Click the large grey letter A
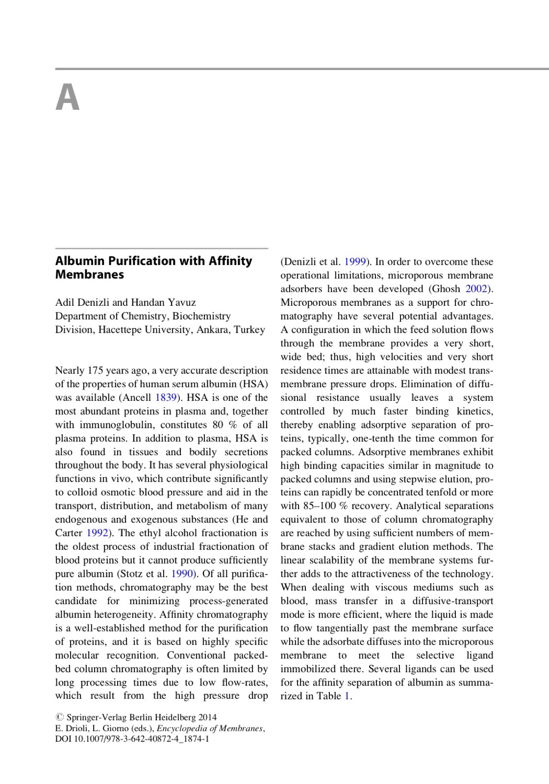pos(68,98)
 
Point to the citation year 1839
pos(166,397)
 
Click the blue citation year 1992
pos(97,533)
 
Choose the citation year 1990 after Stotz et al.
pos(182,574)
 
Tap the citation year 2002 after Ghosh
pos(476,289)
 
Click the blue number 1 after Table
pos(347,696)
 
